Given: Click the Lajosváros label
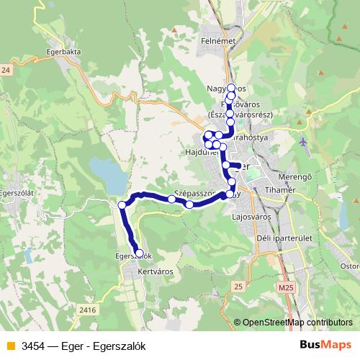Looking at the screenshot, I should [251, 215].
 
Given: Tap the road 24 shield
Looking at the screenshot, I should [6, 70].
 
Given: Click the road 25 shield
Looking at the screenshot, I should [238, 286].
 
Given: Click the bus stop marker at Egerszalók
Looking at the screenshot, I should [139, 253].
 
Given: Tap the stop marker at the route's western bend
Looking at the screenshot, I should [122, 205].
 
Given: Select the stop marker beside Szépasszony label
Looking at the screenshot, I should [189, 204].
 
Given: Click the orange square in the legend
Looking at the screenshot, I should [10, 344].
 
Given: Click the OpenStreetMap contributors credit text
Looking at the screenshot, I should [297, 323].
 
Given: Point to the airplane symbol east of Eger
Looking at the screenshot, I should [305, 140].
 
